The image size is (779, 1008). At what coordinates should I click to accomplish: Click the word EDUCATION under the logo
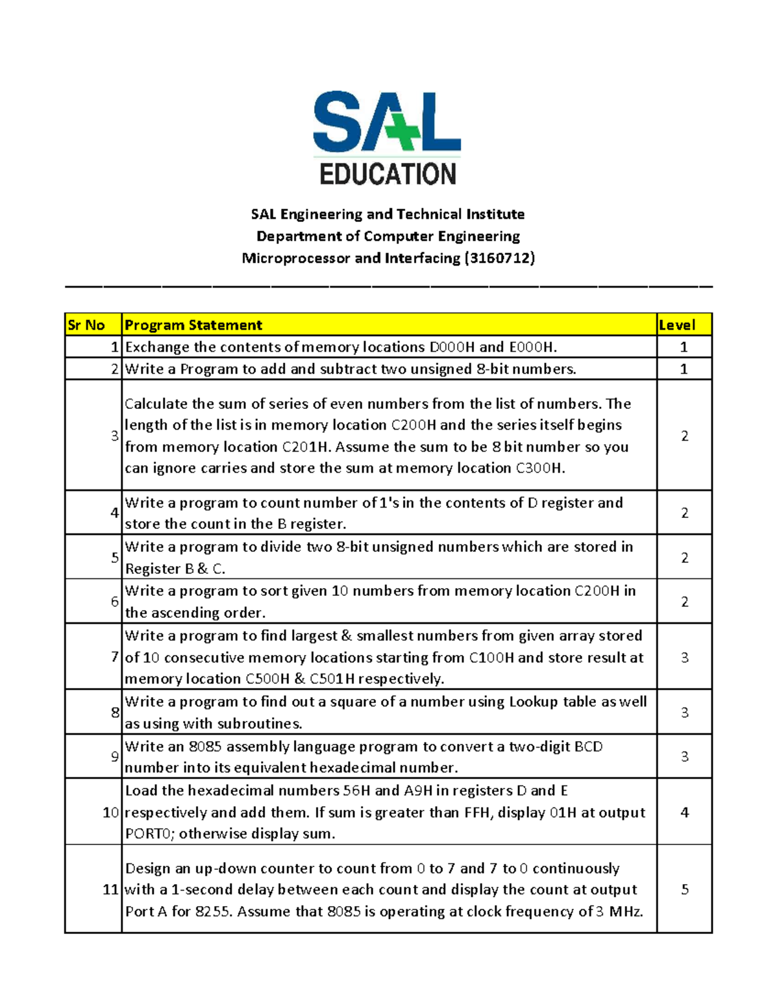[388, 175]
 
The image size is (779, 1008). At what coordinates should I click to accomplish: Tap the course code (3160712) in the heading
[499, 258]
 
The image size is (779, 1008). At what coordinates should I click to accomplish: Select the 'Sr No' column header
[86, 325]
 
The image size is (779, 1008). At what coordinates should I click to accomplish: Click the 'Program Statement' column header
[193, 325]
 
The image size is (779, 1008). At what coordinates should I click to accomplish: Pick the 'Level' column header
[676, 325]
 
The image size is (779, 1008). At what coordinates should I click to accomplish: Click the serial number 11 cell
[110, 889]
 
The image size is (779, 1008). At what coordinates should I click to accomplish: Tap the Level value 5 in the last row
[684, 889]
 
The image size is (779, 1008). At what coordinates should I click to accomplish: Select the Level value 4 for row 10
[684, 812]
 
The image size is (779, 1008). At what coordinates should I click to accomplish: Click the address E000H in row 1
[532, 347]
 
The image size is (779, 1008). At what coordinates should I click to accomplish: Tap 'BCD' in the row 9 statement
[588, 746]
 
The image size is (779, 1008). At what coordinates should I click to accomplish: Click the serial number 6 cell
[114, 602]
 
